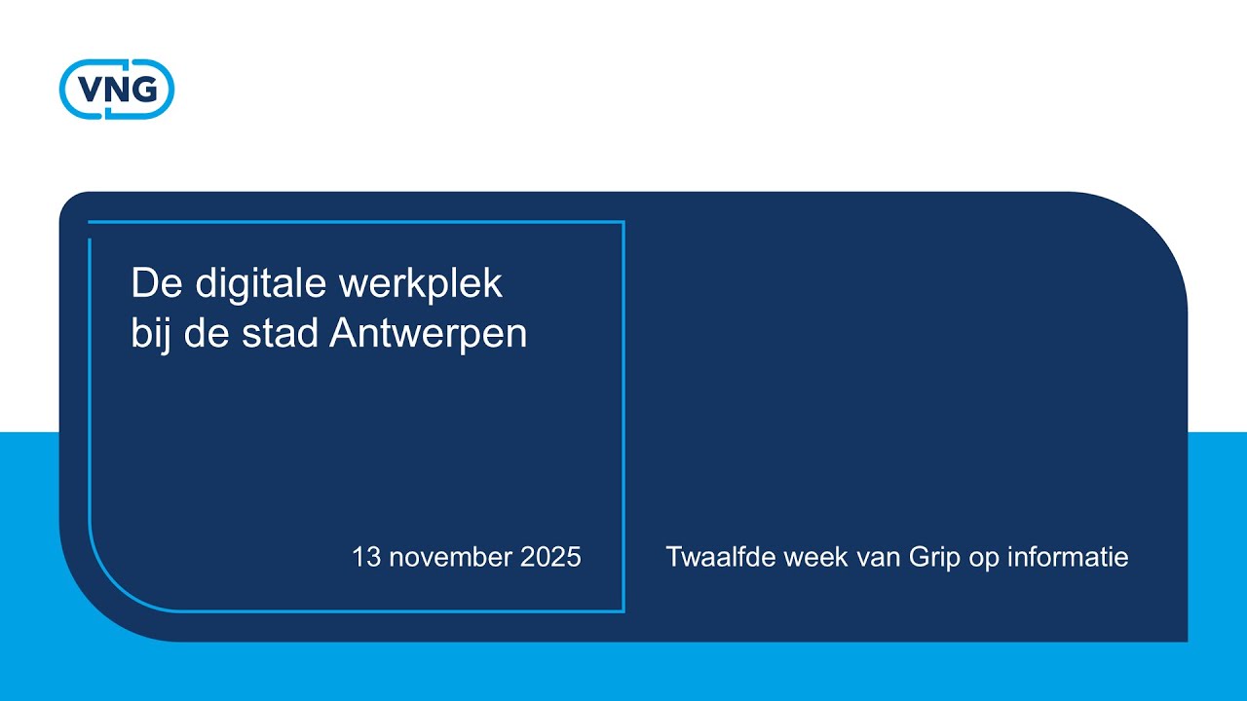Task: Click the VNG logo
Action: tap(117, 90)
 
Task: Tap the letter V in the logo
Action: tap(91, 90)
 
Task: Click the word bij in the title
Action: tap(149, 334)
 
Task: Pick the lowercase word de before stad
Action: tap(205, 334)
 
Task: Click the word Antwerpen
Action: tap(429, 334)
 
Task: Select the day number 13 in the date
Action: tap(365, 557)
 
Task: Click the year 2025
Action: tap(550, 557)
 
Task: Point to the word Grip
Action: tap(934, 557)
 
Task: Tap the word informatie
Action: tap(1069, 557)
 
